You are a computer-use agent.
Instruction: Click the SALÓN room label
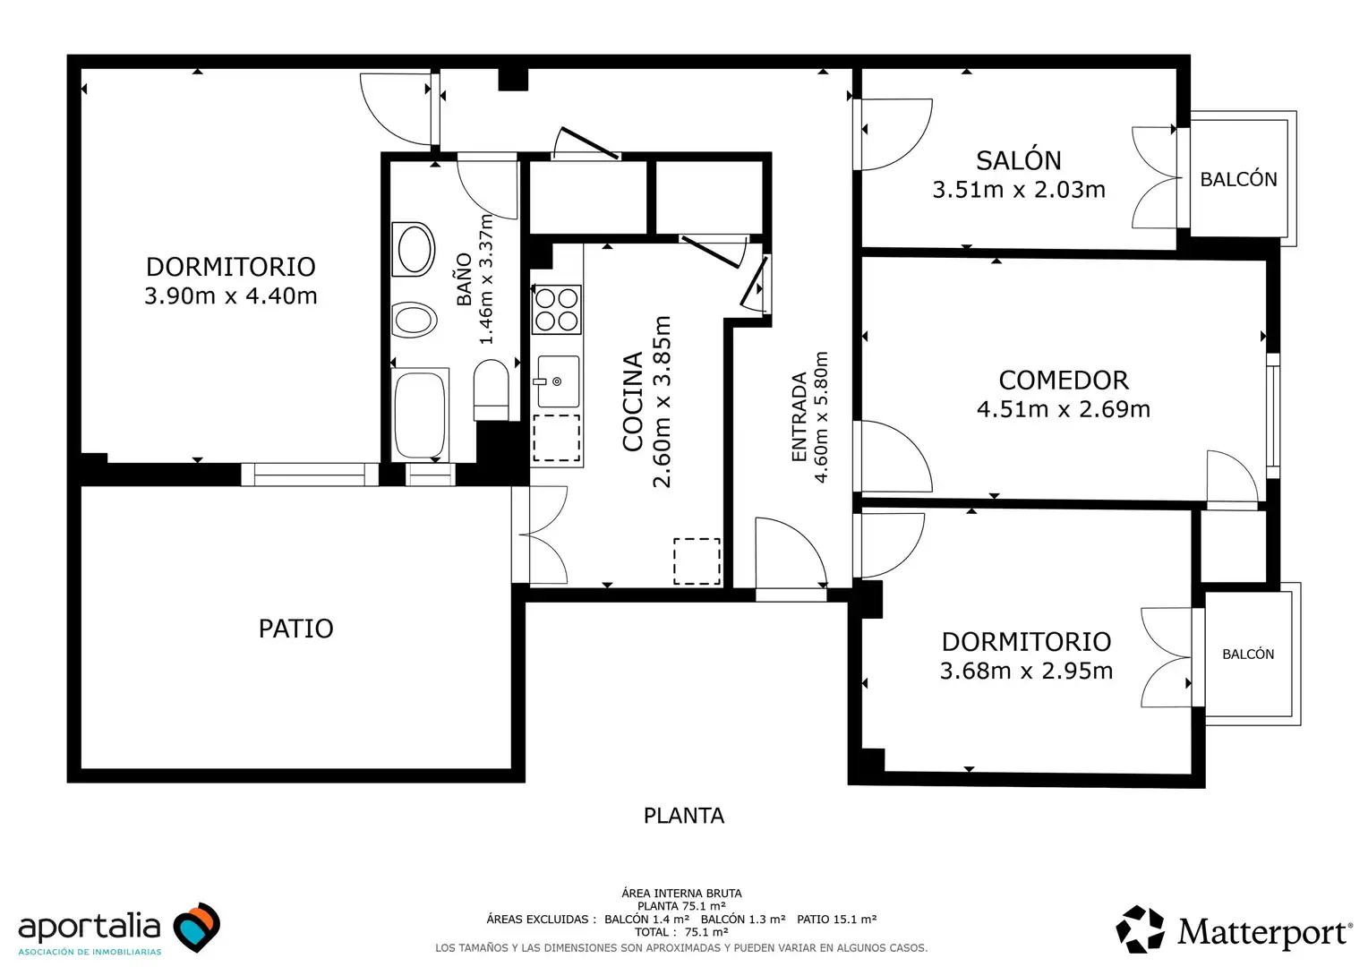[1018, 160]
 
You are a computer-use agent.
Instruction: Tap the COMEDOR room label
[1064, 381]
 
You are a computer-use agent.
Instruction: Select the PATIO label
[295, 629]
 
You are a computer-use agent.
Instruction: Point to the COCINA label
[633, 401]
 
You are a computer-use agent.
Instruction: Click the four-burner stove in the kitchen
[556, 310]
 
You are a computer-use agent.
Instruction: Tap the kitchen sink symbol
[558, 381]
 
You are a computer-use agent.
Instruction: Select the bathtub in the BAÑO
[420, 415]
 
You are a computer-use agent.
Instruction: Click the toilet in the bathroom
[491, 389]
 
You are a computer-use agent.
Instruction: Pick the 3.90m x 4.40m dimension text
[231, 296]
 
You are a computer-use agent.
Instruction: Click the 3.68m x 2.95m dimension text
[1026, 672]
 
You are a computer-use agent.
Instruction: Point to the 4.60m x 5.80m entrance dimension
[821, 417]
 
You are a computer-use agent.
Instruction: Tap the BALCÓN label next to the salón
[1238, 179]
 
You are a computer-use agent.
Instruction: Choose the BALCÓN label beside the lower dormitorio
[1248, 655]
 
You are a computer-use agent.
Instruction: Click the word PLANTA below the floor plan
[684, 816]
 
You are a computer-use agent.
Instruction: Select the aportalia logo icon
[196, 927]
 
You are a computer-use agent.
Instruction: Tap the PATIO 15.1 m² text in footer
[837, 919]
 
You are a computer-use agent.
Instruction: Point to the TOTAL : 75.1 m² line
[681, 932]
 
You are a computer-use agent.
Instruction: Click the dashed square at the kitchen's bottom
[697, 561]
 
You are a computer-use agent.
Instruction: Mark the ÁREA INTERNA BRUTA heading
[681, 893]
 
